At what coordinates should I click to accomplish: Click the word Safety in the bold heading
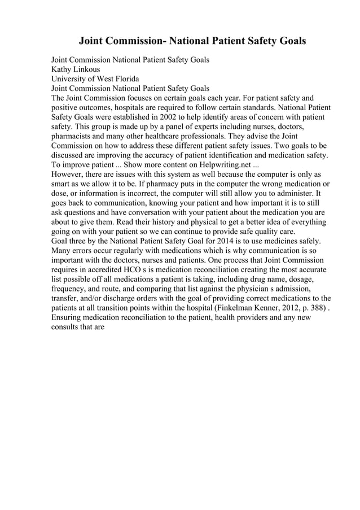(253, 41)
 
